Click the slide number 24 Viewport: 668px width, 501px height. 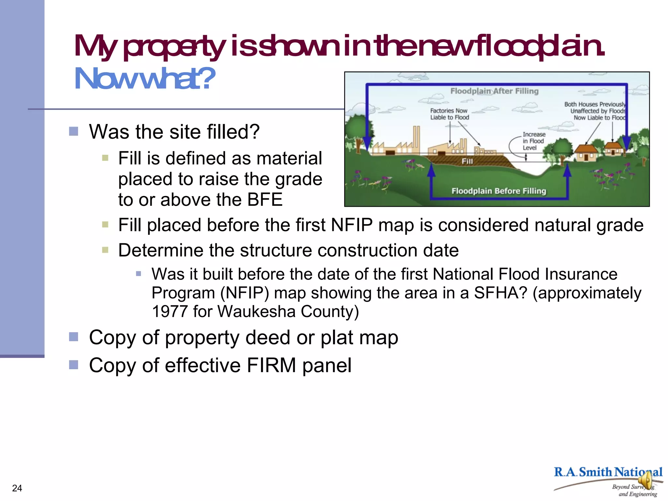coord(17,488)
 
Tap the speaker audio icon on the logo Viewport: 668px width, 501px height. coord(645,481)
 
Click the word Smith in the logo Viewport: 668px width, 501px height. coord(596,472)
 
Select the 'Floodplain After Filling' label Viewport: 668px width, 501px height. coord(494,91)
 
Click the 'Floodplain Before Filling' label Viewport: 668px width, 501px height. coord(498,191)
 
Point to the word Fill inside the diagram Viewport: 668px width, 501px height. coord(467,161)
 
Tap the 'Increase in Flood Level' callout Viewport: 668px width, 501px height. coord(533,141)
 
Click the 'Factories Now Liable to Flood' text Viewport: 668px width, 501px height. coord(449,114)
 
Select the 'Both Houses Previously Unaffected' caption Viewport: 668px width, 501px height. coord(595,111)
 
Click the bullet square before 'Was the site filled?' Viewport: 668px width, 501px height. coord(74,131)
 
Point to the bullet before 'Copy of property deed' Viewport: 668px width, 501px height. coord(74,337)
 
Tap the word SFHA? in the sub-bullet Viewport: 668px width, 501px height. coord(500,293)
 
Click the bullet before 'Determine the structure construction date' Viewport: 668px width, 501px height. coord(105,250)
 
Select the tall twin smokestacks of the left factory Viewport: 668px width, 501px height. coord(417,139)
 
